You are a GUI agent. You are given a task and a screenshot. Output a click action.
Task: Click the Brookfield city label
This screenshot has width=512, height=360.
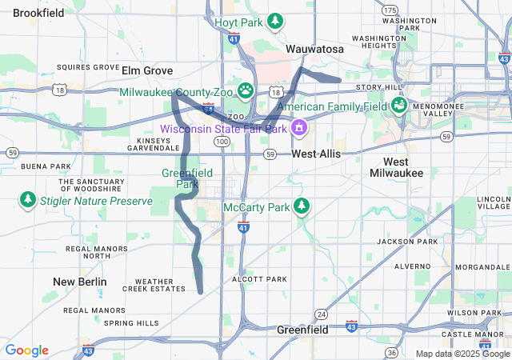point(38,13)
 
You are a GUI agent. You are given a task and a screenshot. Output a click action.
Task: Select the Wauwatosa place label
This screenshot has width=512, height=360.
point(315,50)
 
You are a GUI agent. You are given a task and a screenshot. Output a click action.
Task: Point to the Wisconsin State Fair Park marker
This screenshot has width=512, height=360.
point(299,127)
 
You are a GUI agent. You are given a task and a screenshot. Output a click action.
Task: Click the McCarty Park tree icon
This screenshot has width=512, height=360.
point(301,206)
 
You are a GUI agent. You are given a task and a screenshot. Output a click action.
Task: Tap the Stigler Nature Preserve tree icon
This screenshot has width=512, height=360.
point(28,198)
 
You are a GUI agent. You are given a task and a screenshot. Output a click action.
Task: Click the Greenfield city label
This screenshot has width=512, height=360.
point(303,330)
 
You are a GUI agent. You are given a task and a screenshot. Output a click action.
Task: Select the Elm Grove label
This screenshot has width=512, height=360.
point(147,70)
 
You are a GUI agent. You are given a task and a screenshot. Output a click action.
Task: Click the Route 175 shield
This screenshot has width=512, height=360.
point(390,10)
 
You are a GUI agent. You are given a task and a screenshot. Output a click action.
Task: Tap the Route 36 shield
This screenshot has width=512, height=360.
point(391,353)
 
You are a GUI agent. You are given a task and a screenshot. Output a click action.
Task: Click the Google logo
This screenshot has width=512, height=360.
point(26,350)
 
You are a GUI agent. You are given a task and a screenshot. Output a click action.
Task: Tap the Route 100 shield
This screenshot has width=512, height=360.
point(221,141)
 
